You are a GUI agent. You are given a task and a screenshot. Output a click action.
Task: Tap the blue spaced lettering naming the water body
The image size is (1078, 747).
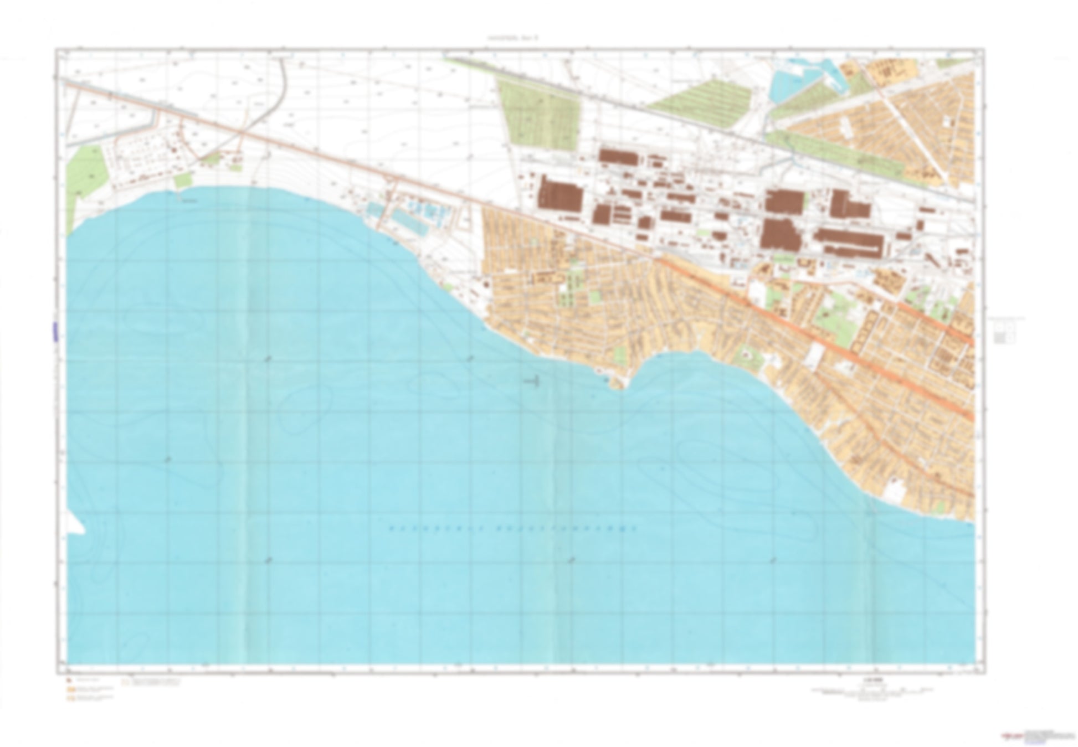512,529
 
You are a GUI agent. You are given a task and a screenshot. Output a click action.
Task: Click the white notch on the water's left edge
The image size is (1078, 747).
76,524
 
